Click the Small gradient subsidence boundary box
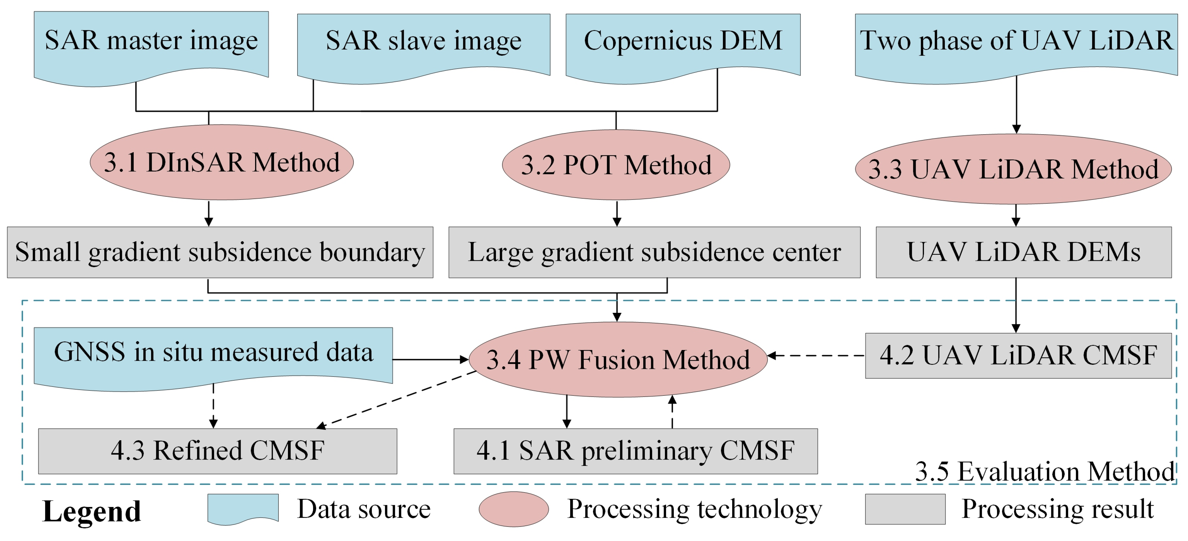click(220, 252)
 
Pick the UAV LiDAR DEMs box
click(1023, 252)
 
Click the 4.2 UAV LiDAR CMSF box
click(1018, 356)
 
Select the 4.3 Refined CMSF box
click(217, 451)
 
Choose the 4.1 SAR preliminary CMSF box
click(635, 451)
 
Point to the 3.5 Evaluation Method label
click(1044, 471)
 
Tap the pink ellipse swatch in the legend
click(513, 509)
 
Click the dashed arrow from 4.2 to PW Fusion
click(816, 356)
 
